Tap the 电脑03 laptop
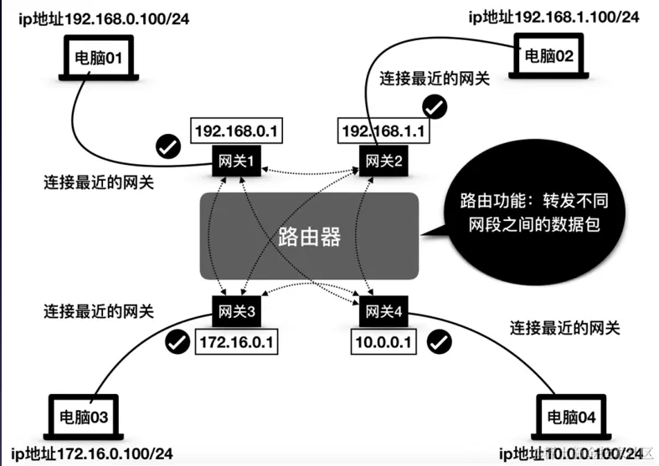pos(83,416)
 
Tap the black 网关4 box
pos(384,311)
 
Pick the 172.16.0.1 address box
pos(235,341)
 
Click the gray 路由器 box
pos(308,237)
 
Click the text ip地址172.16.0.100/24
pos(93,453)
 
